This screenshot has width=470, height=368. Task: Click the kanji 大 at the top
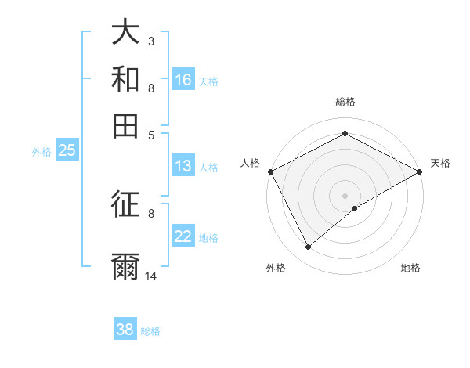pyautogui.click(x=126, y=33)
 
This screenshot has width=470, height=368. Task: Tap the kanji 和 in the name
pyautogui.click(x=126, y=79)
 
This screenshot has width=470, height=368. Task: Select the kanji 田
pyautogui.click(x=126, y=125)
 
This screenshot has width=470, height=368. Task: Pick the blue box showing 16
pyautogui.click(x=183, y=80)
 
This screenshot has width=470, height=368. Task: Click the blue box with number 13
pyautogui.click(x=183, y=166)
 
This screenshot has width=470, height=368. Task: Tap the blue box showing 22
pyautogui.click(x=183, y=236)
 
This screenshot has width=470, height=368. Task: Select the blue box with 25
pyautogui.click(x=67, y=151)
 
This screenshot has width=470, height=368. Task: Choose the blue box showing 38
pyautogui.click(x=125, y=330)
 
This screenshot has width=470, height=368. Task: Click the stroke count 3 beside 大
pyautogui.click(x=151, y=41)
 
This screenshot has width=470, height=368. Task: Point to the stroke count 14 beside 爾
pyautogui.click(x=151, y=276)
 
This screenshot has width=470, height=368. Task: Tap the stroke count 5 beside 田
pyautogui.click(x=151, y=134)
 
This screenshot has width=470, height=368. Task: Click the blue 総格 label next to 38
pyautogui.click(x=150, y=331)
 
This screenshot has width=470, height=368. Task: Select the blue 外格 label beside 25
pyautogui.click(x=42, y=152)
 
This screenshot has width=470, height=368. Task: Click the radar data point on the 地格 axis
pyautogui.click(x=355, y=208)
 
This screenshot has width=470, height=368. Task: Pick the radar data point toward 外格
pyautogui.click(x=308, y=247)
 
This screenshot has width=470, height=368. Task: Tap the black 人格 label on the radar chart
pyautogui.click(x=250, y=163)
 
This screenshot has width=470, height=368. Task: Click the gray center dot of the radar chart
pyautogui.click(x=345, y=195)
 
